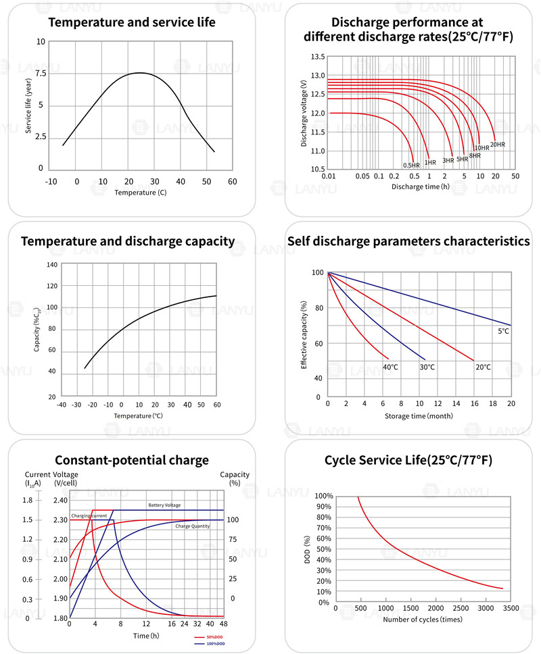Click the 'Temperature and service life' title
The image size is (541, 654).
(132, 23)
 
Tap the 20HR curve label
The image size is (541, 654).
(497, 144)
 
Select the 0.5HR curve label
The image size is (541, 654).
(411, 166)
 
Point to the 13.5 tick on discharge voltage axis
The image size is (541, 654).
(317, 57)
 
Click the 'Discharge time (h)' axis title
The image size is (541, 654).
(420, 186)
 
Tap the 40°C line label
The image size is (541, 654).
(390, 367)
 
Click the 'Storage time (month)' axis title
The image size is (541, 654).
(419, 416)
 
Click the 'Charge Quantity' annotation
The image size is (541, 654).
(192, 526)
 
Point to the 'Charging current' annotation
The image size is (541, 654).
(89, 515)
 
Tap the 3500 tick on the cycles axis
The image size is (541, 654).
(511, 608)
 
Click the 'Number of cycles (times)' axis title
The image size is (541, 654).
(422, 620)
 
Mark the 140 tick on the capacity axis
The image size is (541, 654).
(52, 264)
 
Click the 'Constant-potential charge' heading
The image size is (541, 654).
(131, 460)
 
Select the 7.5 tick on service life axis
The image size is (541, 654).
(40, 74)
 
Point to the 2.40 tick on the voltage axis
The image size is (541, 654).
(60, 500)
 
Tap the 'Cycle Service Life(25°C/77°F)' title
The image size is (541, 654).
(408, 460)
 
